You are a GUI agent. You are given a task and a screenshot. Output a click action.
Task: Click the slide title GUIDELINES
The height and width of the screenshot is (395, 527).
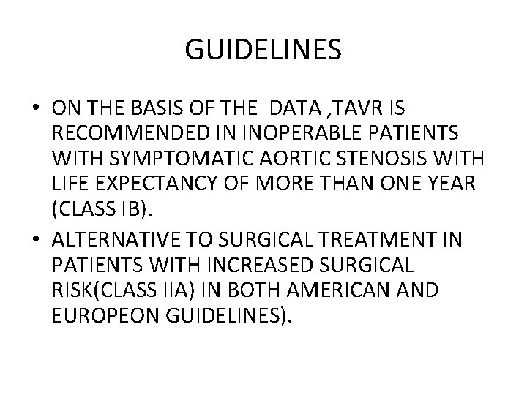(263, 50)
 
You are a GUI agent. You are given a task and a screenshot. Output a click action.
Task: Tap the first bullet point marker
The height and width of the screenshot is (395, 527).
(36, 109)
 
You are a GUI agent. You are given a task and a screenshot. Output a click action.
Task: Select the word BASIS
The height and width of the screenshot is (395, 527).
(160, 108)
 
